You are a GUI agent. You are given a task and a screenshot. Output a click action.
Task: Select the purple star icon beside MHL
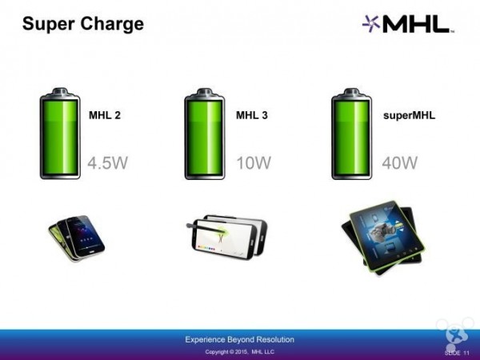point(370,24)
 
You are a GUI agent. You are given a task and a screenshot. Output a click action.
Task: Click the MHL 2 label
point(105,115)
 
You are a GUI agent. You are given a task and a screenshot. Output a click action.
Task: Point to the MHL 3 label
point(252,115)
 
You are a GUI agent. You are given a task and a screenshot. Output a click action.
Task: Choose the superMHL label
point(409,115)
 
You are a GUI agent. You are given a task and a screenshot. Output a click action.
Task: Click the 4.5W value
point(107,162)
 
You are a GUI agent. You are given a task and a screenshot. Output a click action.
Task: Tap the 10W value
point(254,162)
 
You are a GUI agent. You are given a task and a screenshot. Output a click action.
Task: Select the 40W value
point(400,162)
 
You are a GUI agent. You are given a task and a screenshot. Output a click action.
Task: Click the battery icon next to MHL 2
point(60,134)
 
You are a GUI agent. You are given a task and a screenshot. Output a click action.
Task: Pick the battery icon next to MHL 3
point(205,134)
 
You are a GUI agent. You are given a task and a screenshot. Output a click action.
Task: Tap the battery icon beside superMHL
point(352,134)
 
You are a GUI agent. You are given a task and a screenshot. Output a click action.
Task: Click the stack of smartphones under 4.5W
point(77,238)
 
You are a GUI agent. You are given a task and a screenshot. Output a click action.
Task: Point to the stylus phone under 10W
point(227,237)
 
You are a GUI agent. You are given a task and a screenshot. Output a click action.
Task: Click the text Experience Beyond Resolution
point(240,339)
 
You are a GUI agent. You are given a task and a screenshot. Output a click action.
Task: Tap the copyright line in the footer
point(240,352)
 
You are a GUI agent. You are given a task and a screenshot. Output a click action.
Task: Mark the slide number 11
point(466,353)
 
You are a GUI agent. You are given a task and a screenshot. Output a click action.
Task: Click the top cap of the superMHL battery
point(352,92)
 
